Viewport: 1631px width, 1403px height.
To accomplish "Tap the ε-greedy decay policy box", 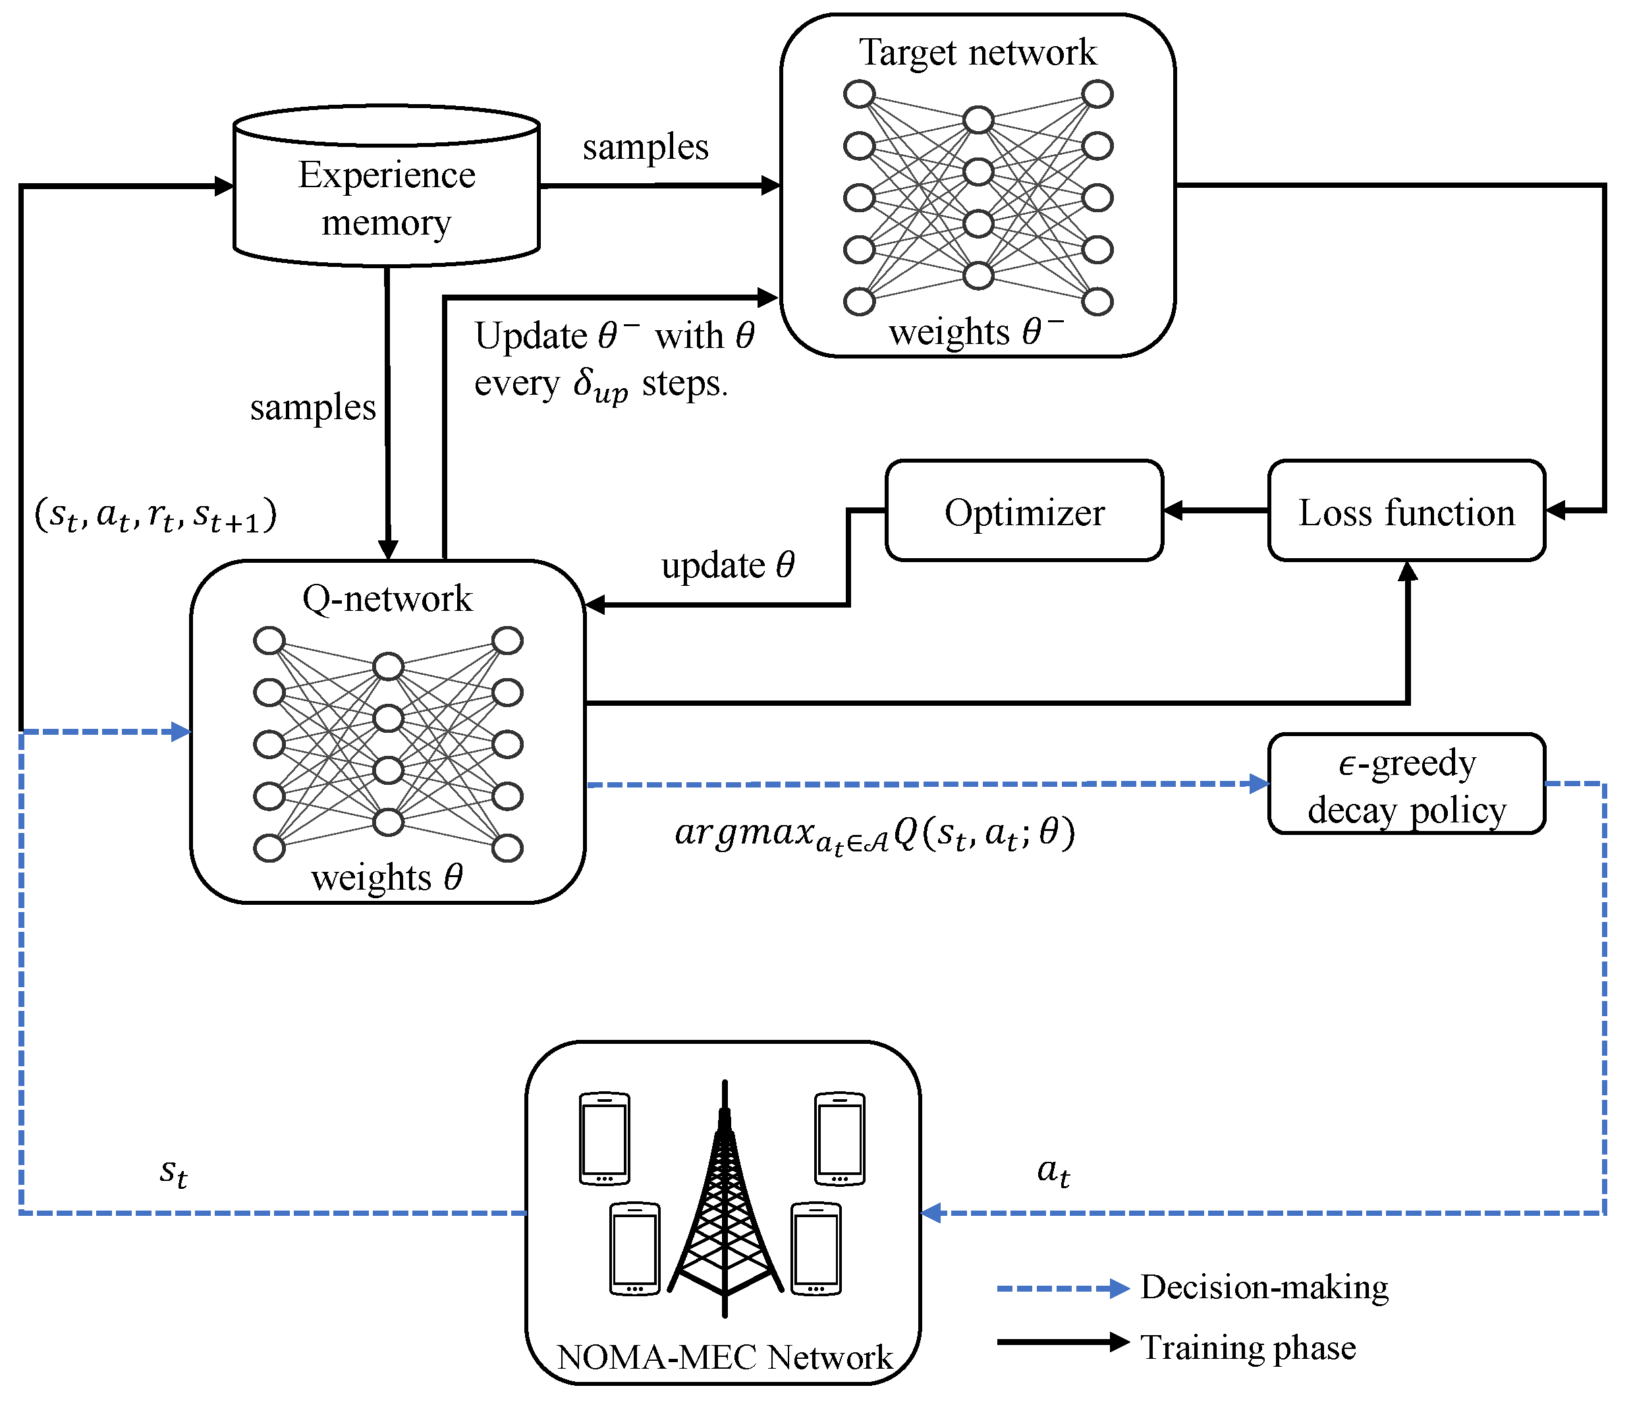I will coord(1406,784).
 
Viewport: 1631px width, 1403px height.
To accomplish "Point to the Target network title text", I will coord(977,52).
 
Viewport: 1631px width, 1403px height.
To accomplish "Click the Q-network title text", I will coord(387,598).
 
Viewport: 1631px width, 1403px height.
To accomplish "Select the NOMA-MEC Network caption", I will coord(724,1357).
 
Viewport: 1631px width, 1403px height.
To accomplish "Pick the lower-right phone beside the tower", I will coord(815,1248).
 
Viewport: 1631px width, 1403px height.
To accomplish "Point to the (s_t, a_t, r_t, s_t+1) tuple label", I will coord(156,516).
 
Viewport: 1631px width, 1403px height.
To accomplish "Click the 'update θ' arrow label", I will coord(727,565).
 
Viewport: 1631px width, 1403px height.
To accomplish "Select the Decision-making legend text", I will coord(1264,1287).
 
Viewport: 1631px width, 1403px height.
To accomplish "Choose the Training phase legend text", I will coord(1248,1347).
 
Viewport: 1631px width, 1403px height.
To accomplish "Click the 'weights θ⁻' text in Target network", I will coord(976,331).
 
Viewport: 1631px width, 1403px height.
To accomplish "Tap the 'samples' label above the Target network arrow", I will coord(646,147).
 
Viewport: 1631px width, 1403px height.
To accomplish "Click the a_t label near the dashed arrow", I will coord(1053,1172).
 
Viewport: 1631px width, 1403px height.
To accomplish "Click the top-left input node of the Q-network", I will coord(269,640).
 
